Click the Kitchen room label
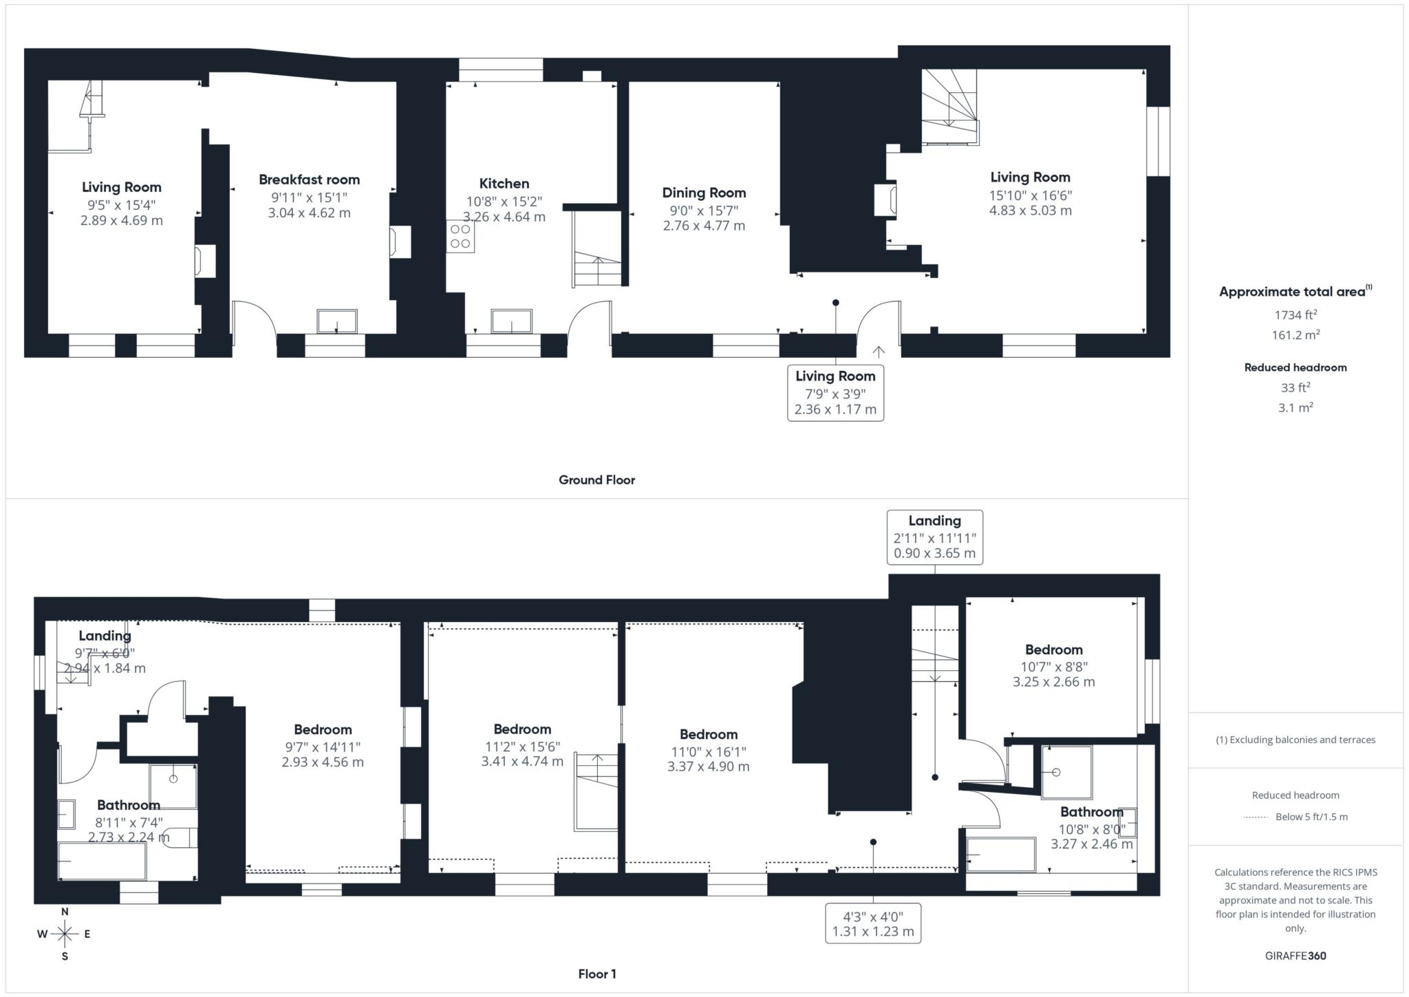click(504, 184)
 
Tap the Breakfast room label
click(309, 180)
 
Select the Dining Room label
click(704, 193)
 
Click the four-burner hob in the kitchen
click(460, 236)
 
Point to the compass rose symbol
click(65, 934)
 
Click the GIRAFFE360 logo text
click(1295, 956)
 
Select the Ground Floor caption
click(596, 480)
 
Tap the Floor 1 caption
click(596, 974)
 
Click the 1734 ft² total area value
click(1295, 315)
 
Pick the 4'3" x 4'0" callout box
click(872, 923)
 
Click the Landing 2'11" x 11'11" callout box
click(934, 537)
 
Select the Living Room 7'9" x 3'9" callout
click(835, 393)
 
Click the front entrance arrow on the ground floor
click(879, 352)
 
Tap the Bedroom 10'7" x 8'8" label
click(1053, 650)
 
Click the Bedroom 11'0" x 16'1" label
click(708, 735)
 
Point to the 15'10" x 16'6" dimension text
click(1030, 195)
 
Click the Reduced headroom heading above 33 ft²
click(1295, 367)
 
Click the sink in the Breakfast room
click(336, 321)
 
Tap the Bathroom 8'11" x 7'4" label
click(129, 805)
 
